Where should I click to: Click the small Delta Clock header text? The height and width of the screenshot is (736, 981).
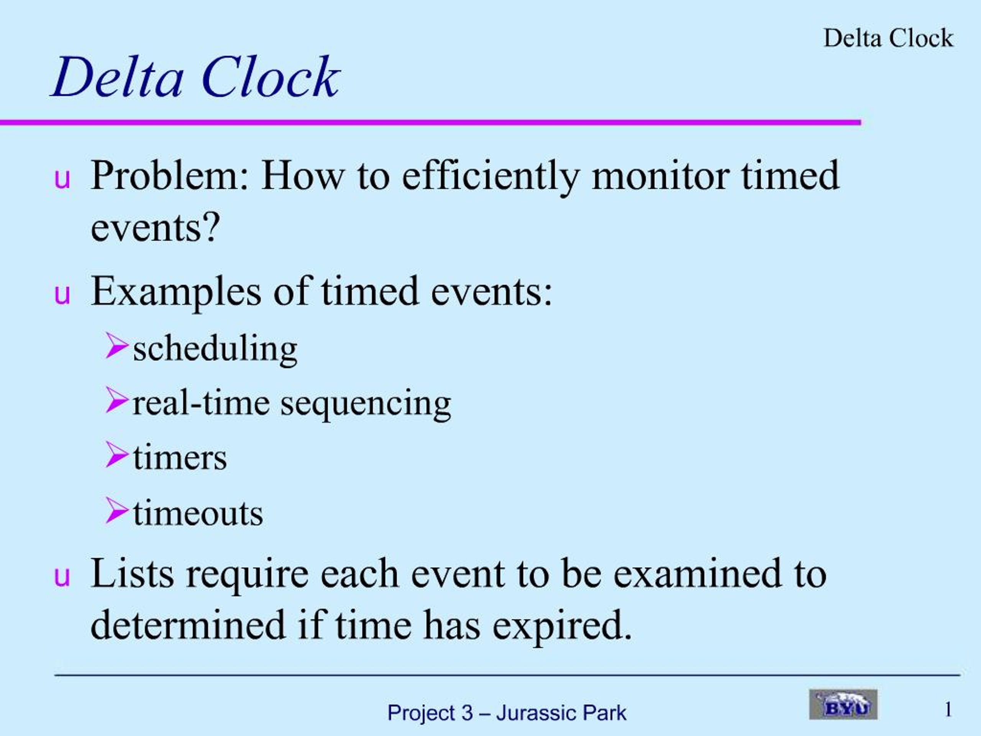click(888, 38)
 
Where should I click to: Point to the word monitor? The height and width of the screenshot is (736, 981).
click(661, 176)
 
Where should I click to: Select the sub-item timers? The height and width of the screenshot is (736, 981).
click(180, 458)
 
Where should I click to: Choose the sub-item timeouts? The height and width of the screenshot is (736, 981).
click(198, 514)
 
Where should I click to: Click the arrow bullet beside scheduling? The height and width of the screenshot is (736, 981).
click(116, 346)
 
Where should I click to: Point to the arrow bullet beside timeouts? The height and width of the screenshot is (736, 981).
click(116, 511)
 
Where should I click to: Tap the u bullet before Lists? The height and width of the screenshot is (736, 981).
click(62, 577)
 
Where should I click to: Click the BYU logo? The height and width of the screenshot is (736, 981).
click(843, 705)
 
